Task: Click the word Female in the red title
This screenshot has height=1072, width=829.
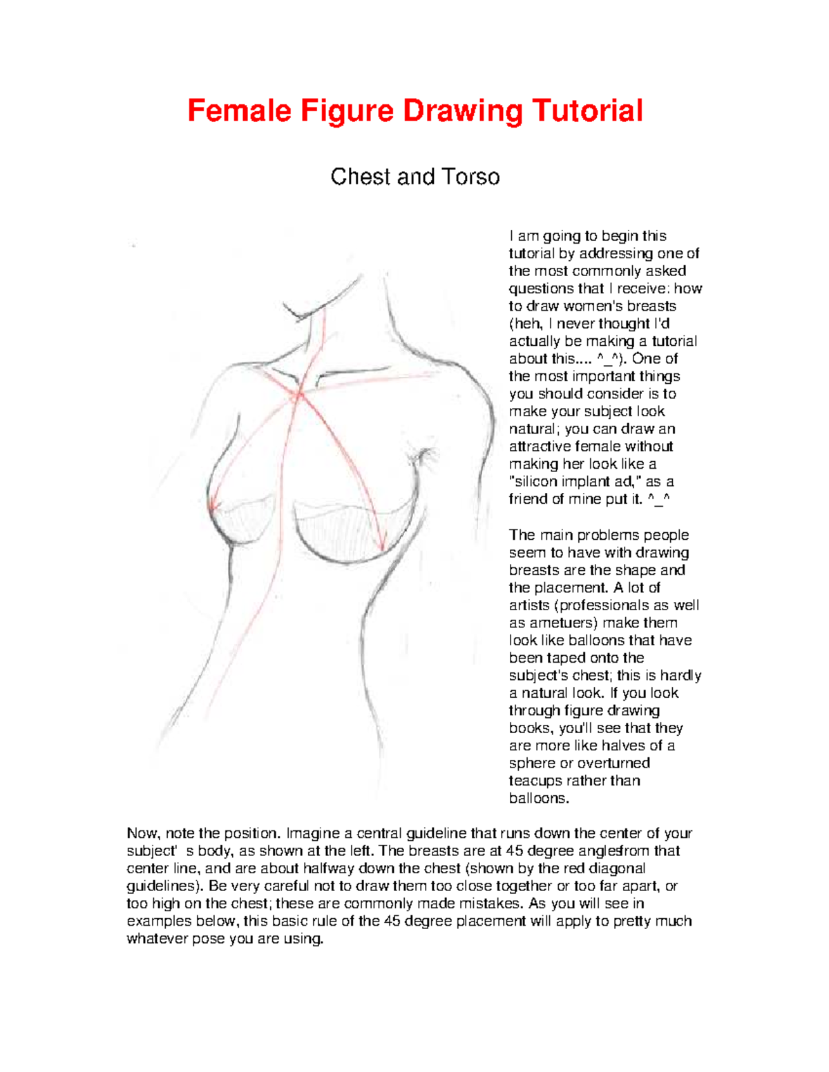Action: [x=239, y=111]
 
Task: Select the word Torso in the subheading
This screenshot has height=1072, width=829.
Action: [x=471, y=177]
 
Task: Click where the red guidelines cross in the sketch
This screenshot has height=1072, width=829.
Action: [x=299, y=396]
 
